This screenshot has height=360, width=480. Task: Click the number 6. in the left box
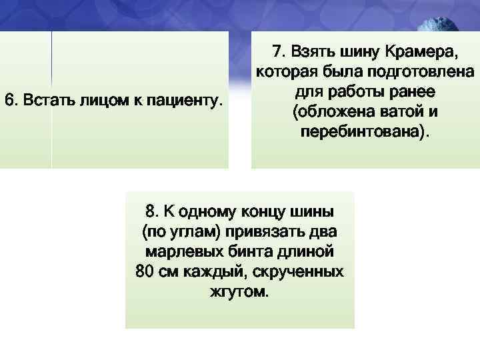pos(11,101)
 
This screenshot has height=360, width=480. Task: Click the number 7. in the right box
pos(279,51)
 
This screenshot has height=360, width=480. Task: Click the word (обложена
pos(327,110)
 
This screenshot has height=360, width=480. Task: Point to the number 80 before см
pos(144,273)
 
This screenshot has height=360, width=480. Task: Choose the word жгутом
pos(239,292)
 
